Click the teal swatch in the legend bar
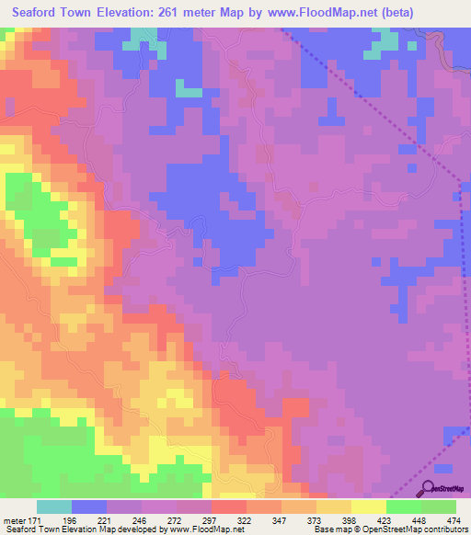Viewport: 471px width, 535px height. (54, 507)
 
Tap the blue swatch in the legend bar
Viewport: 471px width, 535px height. (89, 507)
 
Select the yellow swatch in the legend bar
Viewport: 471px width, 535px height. (368, 507)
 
